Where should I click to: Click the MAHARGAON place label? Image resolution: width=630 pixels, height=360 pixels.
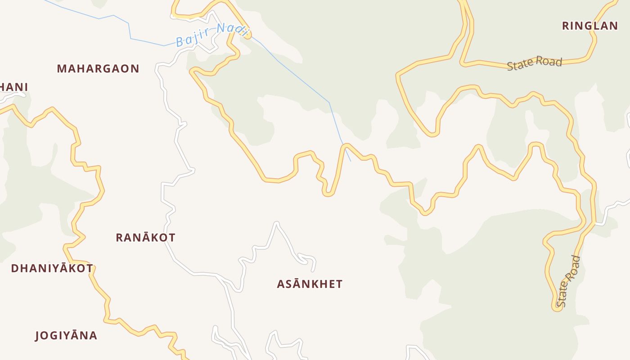coord(98,69)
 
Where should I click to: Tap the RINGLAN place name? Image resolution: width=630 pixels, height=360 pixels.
coord(590,26)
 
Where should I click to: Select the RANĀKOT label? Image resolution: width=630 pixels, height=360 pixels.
coord(145,238)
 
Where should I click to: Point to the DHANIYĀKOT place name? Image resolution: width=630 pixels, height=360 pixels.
coord(52,269)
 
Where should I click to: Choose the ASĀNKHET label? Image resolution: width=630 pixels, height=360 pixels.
coord(310,284)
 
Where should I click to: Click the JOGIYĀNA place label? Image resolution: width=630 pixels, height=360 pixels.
coord(66,336)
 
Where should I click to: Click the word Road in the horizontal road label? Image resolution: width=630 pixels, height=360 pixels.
coord(549,61)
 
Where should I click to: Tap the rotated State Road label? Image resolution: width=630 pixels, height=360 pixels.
coord(568,281)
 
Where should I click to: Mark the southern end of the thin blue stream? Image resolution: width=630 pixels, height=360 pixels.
coord(351,161)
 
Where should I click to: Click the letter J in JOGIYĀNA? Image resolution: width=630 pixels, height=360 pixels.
coord(37,336)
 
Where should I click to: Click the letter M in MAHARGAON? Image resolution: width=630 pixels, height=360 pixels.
coord(62,69)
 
